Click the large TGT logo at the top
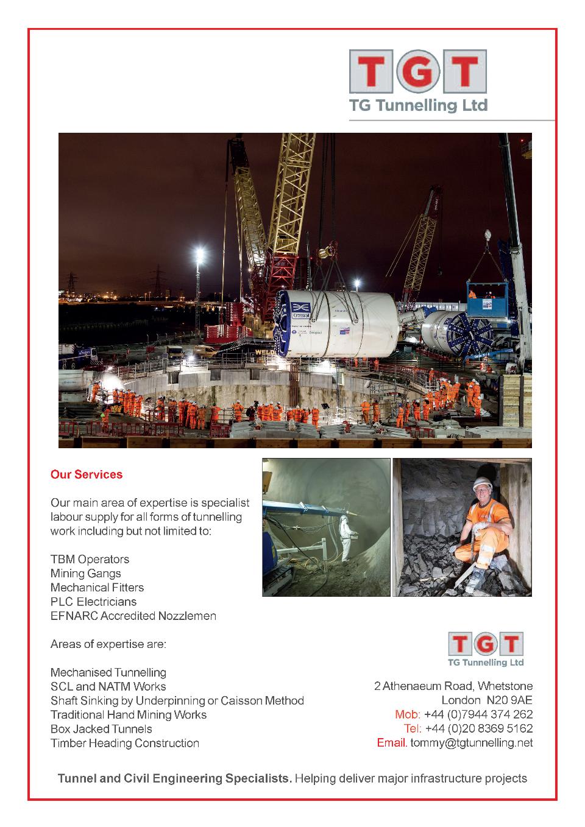418,80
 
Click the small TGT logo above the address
486,649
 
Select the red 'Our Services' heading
87,474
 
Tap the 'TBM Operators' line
90,559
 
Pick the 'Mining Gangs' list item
85,573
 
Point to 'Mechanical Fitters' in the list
97,588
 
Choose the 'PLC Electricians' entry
93,602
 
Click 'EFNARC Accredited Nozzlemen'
133,616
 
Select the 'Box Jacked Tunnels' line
101,729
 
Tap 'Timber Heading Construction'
124,743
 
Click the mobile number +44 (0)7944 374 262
478,714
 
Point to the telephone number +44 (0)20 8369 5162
478,728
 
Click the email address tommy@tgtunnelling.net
471,743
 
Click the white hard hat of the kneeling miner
481,484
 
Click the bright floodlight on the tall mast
199,252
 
